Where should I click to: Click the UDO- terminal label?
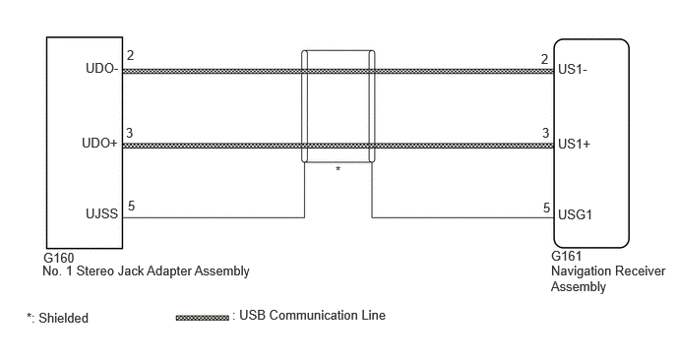[102, 69]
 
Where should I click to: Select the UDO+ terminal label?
[99, 143]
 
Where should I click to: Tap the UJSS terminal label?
[102, 213]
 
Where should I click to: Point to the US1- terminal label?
[573, 69]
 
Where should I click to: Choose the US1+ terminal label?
[574, 144]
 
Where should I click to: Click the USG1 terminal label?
[575, 214]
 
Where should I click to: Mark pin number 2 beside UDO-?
[130, 55]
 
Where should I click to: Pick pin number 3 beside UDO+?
[130, 133]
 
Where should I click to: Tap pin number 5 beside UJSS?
[131, 206]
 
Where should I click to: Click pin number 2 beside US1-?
[545, 59]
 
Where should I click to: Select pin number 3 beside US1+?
[546, 133]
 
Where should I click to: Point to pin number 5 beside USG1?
[546, 209]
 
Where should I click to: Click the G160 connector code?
[59, 258]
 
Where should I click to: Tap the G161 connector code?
[566, 256]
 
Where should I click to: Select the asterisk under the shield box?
[338, 169]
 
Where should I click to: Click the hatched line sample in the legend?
[202, 318]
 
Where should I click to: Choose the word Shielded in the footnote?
[63, 318]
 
